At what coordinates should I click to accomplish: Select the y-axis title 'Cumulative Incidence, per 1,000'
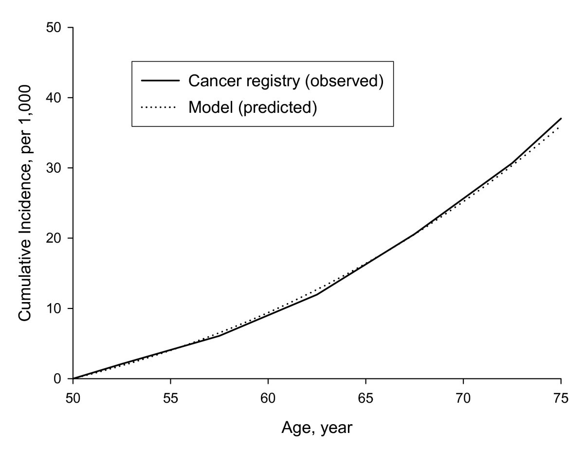tap(25, 203)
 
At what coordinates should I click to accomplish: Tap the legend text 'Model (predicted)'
tap(253, 107)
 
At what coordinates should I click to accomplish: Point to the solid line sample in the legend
tap(159, 81)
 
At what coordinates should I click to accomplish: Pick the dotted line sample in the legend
tap(159, 107)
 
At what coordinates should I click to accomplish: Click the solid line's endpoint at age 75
tap(561, 118)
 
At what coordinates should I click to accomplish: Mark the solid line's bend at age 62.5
tap(317, 294)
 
